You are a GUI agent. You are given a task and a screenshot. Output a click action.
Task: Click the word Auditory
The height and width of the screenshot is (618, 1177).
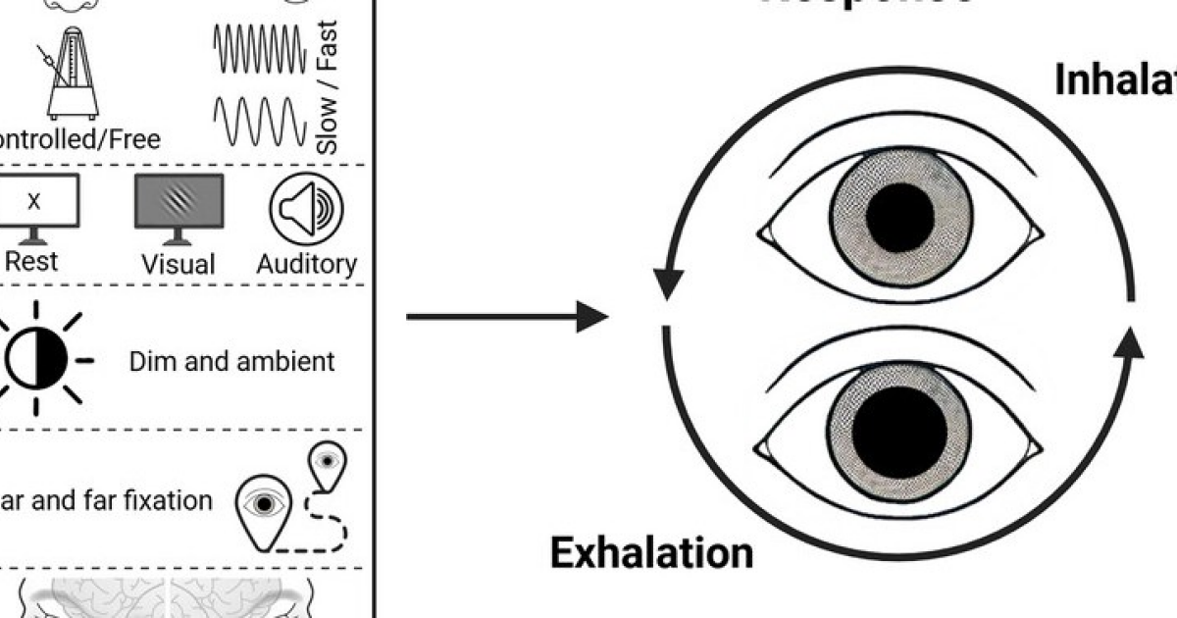307,264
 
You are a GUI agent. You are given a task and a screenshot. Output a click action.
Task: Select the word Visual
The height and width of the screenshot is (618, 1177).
178,264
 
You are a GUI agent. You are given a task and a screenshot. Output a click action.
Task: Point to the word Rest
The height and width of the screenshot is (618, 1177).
32,261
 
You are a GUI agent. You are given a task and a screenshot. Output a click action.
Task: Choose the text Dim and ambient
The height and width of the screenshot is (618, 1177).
231,361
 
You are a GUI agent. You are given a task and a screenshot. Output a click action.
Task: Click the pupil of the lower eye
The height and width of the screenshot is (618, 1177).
899,432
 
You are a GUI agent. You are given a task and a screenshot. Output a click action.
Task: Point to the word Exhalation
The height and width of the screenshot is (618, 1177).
651,553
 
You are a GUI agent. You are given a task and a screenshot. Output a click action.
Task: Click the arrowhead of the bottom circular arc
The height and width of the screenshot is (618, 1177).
1129,343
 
